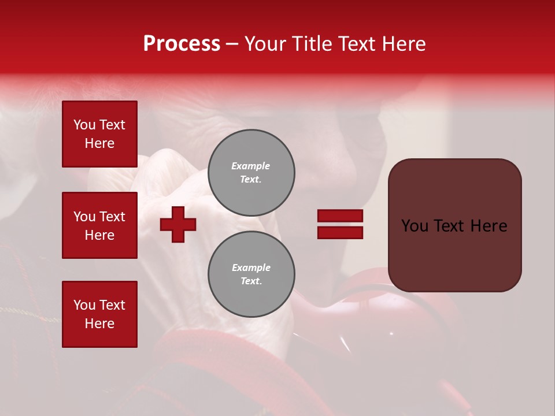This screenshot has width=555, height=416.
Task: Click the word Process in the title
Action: [x=182, y=44]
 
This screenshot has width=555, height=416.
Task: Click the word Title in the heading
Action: [x=310, y=44]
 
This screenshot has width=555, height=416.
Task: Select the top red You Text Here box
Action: [x=99, y=134]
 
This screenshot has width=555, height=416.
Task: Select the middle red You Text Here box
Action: [x=99, y=225]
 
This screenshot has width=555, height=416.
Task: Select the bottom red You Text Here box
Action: [x=99, y=314]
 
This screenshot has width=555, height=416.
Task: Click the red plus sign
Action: [x=178, y=224]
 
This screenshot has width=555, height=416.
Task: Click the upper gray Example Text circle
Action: [x=251, y=173]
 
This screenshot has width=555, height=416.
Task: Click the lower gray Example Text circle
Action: [x=251, y=274]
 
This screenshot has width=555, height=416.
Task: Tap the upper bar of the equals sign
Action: [x=340, y=216]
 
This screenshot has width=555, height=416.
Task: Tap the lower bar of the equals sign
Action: [x=340, y=233]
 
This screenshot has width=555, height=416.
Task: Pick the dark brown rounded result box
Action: [x=454, y=254]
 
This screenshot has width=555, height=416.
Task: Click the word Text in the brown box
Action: [x=449, y=226]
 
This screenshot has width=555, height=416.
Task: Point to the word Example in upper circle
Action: [x=250, y=166]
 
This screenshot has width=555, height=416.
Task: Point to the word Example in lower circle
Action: [x=251, y=268]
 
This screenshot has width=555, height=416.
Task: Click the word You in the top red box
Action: [x=84, y=125]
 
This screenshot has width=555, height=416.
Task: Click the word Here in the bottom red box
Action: [x=99, y=324]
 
